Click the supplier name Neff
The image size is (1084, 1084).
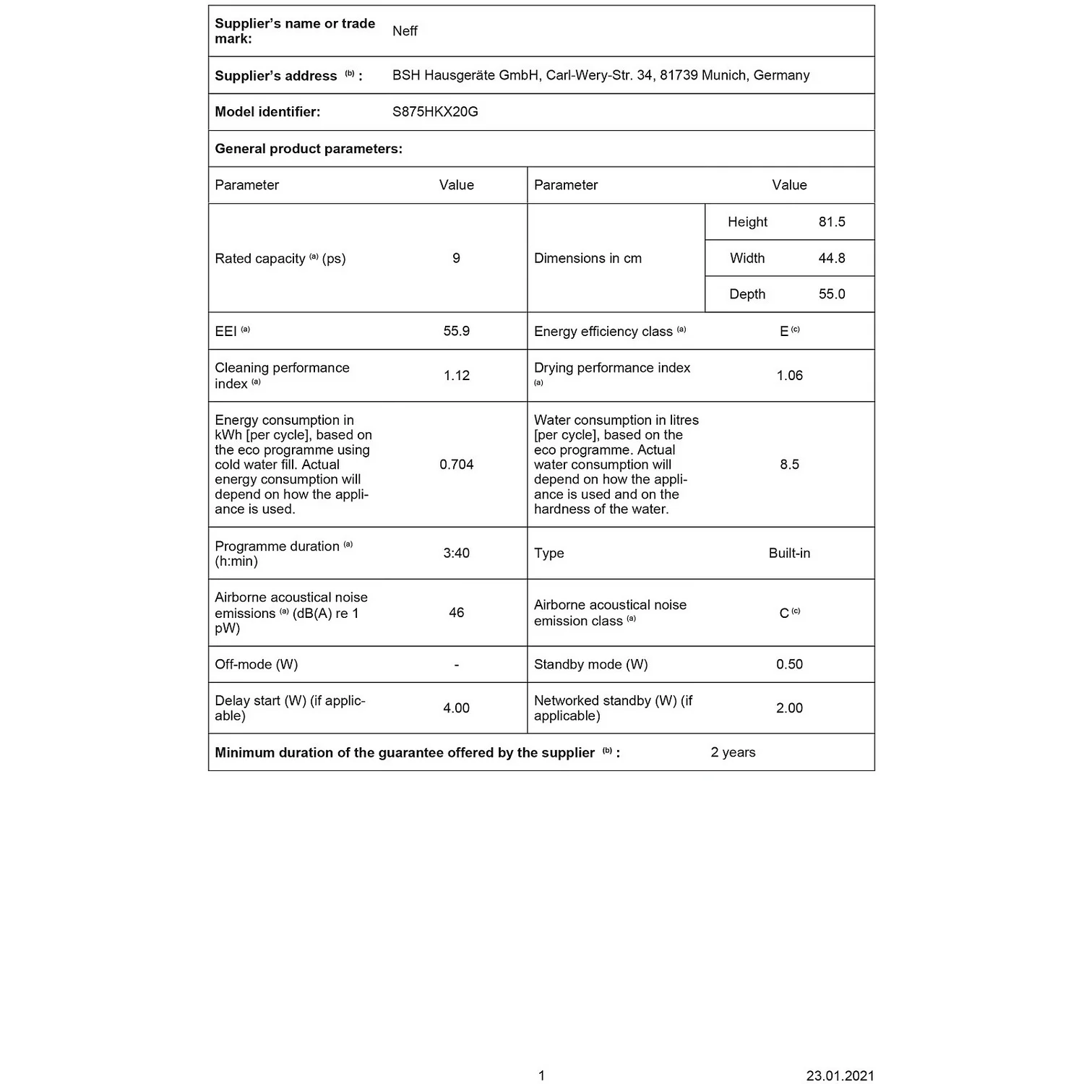click(x=405, y=31)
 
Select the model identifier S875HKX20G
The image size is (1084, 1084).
click(x=435, y=112)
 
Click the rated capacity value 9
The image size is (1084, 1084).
click(x=456, y=258)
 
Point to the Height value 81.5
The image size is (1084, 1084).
click(x=832, y=222)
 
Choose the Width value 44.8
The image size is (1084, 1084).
click(x=832, y=258)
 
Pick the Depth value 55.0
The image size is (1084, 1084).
click(x=832, y=294)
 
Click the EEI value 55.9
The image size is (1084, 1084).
click(x=456, y=331)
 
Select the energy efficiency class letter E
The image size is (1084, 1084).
click(x=784, y=332)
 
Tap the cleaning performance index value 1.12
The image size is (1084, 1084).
click(x=456, y=376)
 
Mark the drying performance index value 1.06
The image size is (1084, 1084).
click(x=789, y=376)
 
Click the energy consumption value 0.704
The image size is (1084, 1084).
click(x=456, y=465)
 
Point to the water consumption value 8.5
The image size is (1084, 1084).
click(x=789, y=465)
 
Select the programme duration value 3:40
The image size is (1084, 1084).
click(x=456, y=553)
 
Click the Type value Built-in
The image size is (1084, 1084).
click(x=789, y=553)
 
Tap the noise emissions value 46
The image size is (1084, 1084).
click(x=456, y=613)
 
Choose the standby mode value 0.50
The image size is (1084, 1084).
click(x=789, y=664)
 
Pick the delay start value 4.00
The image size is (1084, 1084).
click(x=456, y=708)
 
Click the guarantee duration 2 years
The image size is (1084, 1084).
click(x=733, y=752)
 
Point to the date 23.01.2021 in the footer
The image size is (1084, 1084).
click(x=840, y=1075)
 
